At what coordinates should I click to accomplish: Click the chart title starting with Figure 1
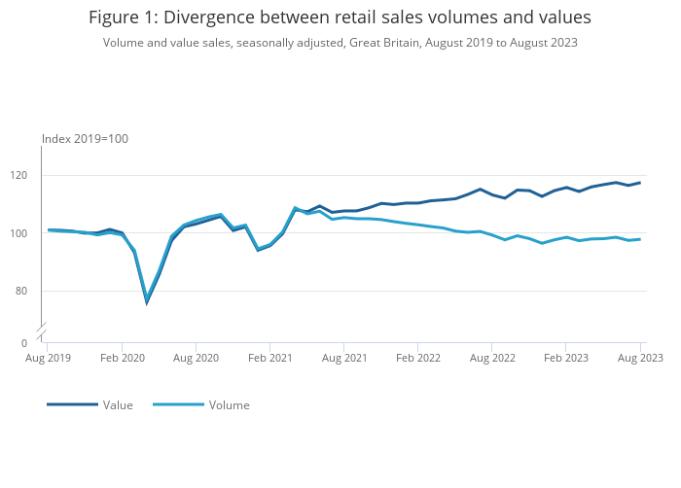(340, 17)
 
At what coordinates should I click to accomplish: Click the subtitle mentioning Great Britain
(340, 42)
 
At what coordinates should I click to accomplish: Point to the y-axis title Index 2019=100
(86, 139)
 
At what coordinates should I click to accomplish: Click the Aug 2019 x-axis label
(48, 358)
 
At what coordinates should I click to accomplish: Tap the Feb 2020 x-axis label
(122, 358)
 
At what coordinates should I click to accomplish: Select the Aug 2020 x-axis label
(196, 358)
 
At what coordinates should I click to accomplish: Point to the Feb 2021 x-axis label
(269, 358)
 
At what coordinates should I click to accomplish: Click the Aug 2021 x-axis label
(343, 358)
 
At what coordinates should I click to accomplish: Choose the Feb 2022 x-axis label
(417, 358)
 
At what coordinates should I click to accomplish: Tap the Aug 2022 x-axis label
(492, 358)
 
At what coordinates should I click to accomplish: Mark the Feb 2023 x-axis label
(566, 358)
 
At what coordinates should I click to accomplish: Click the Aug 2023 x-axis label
(640, 358)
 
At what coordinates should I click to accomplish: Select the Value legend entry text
(118, 405)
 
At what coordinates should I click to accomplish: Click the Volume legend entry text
(229, 405)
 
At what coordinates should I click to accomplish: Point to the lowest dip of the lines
(147, 301)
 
